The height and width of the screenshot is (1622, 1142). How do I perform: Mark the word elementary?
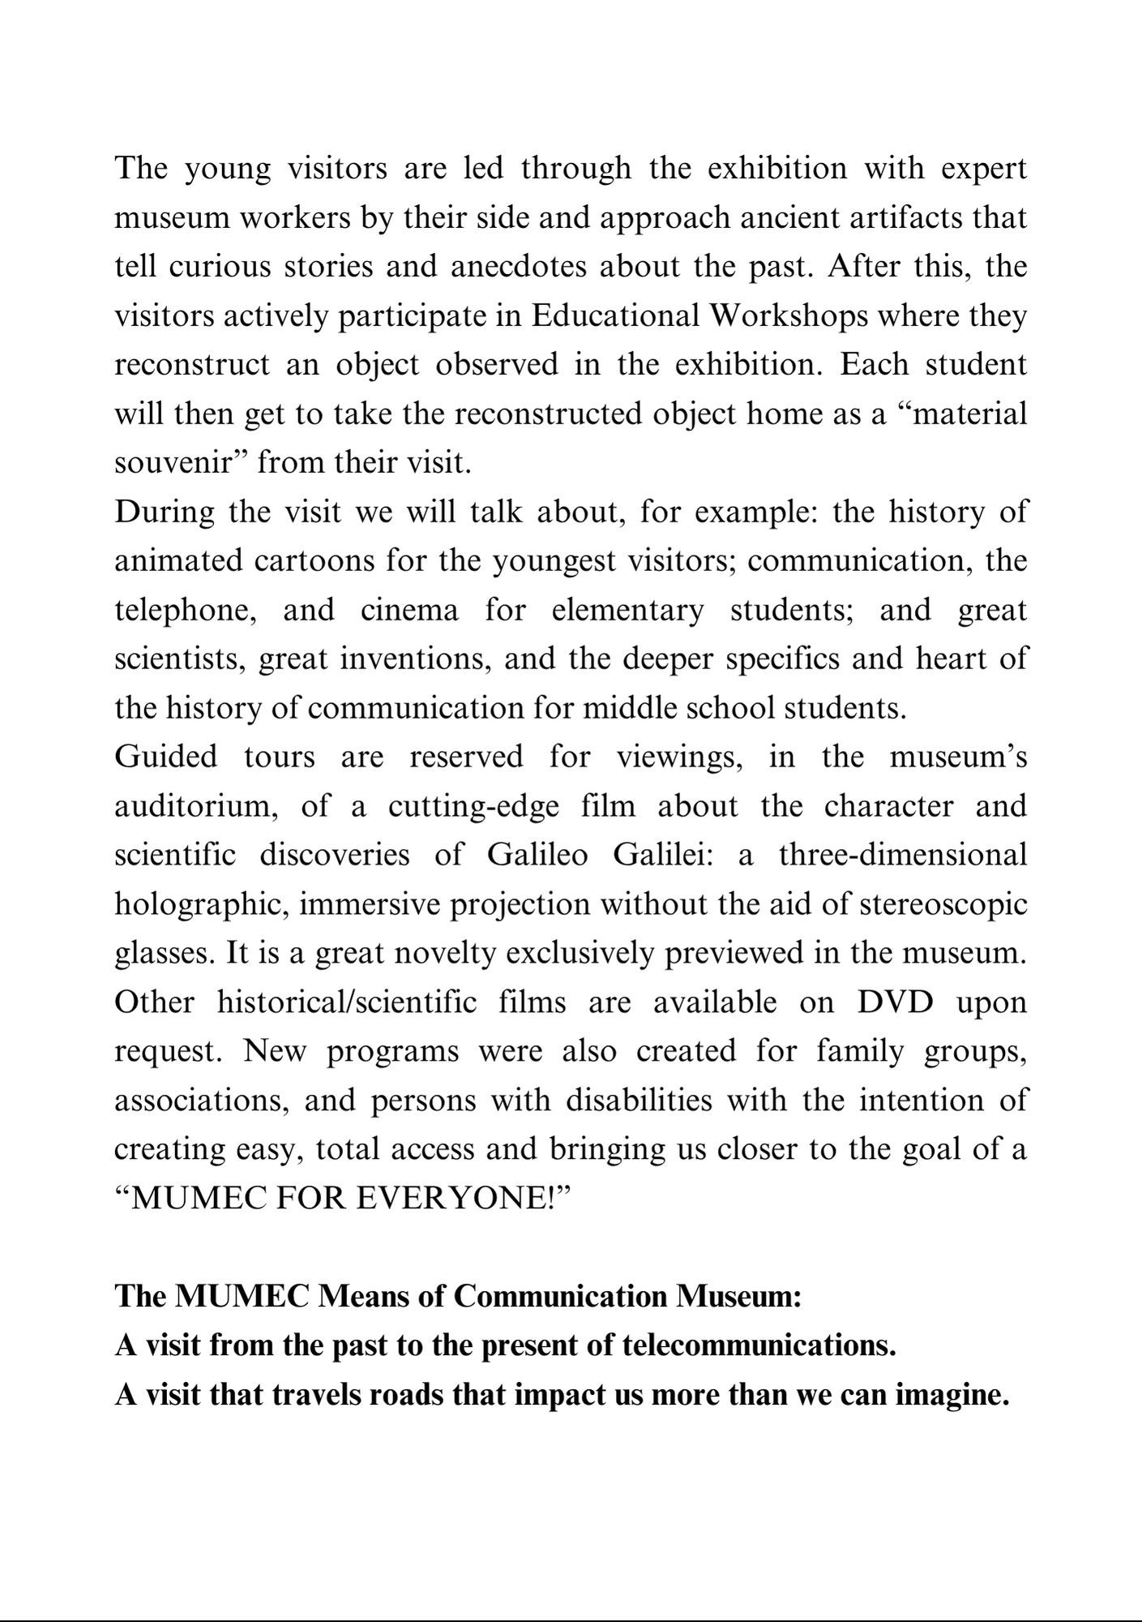tap(627, 611)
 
